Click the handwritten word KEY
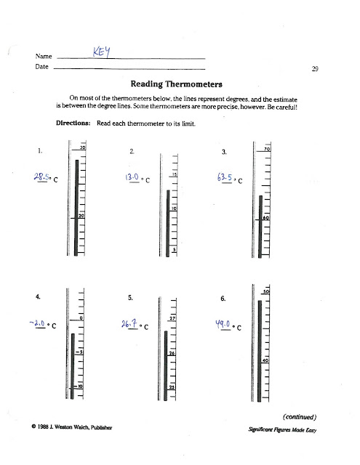coord(102,50)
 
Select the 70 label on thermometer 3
coord(267,148)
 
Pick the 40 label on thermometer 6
coord(266,360)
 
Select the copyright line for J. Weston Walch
coord(71,427)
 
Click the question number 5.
coord(130,298)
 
